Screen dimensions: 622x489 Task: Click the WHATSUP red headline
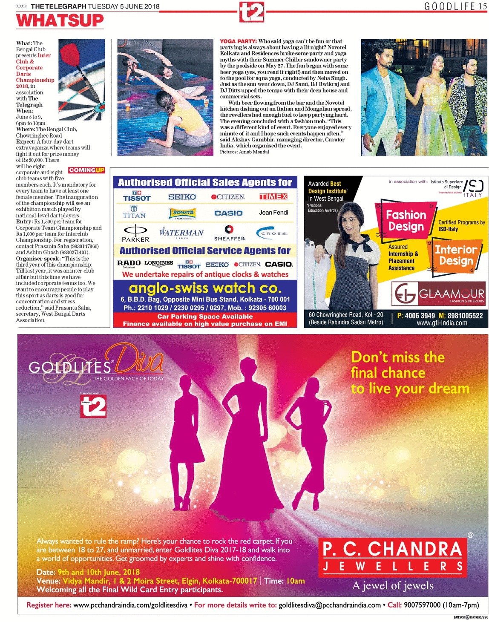pos(60,20)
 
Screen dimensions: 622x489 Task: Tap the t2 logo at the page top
pos(251,12)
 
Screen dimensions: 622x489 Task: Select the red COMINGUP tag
pos(86,170)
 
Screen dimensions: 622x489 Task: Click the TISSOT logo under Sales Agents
pos(137,196)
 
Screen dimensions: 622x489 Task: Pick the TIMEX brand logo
pos(273,196)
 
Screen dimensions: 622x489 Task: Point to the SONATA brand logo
pos(183,213)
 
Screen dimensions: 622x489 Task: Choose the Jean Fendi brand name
pos(273,213)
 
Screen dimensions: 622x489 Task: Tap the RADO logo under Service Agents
pos(129,263)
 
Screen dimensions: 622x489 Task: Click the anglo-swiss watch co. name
pos(205,288)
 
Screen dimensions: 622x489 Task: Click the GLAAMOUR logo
pos(438,294)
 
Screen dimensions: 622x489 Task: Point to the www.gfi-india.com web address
pos(442,323)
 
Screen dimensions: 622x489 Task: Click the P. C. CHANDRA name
pos(392,549)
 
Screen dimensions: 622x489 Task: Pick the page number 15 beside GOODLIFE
pos(482,6)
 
